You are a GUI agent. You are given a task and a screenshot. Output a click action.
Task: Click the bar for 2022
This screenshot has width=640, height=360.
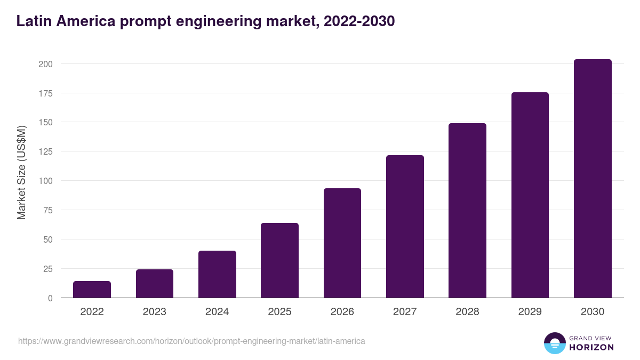(x=92, y=290)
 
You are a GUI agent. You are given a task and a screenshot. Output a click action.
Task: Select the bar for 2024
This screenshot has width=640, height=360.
(x=217, y=274)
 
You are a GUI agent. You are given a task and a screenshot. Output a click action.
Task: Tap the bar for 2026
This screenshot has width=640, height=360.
(x=342, y=243)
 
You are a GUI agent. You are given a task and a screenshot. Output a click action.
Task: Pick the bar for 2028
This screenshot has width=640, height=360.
(x=467, y=211)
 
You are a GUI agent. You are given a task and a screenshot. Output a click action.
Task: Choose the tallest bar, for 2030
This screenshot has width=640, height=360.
(x=593, y=179)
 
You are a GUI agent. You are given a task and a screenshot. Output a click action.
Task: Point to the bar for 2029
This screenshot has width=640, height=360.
(x=530, y=195)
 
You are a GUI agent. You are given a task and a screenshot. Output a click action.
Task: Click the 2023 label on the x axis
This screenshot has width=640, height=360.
(x=155, y=312)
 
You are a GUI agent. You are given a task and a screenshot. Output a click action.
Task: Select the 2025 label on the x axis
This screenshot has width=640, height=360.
(x=279, y=312)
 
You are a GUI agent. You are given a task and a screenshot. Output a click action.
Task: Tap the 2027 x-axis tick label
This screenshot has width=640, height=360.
(x=405, y=312)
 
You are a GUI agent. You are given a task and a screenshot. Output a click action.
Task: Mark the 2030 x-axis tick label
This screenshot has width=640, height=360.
(x=593, y=312)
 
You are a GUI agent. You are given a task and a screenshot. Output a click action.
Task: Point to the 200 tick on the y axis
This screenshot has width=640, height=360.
(x=45, y=64)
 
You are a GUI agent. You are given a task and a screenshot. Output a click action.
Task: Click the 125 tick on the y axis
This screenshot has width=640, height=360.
(x=45, y=151)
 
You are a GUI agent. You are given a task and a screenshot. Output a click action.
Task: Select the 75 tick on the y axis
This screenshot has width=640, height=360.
(x=47, y=210)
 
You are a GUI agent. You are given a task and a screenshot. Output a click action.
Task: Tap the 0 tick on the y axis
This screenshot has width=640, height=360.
(x=50, y=298)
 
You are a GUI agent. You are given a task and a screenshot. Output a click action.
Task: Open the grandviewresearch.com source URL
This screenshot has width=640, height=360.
(x=191, y=341)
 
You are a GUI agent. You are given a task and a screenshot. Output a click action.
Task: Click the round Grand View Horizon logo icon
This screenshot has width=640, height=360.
(x=555, y=343)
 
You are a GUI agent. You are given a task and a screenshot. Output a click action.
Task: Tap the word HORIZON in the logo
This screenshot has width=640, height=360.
(x=591, y=347)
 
